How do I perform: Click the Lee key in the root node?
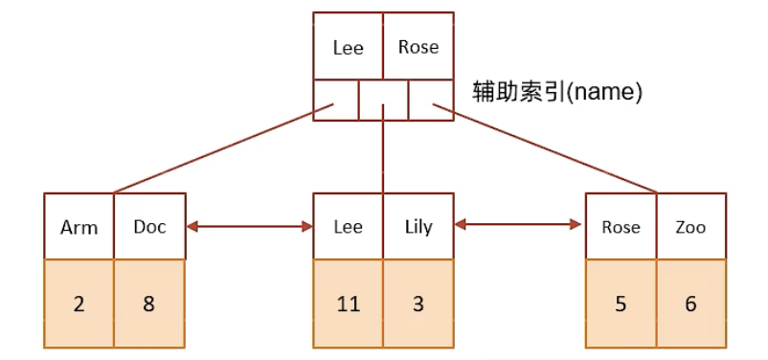349,47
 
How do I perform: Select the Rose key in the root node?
418,47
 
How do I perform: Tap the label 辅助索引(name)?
556,93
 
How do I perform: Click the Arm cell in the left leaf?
79,227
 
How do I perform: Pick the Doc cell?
149,227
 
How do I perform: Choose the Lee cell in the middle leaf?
349,227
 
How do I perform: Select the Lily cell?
418,227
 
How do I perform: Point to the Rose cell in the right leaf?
621,227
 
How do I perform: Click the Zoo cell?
690,227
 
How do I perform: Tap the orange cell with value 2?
79,303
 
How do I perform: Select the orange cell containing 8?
149,303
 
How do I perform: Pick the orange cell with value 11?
349,303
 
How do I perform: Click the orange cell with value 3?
418,303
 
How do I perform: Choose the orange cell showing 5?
621,303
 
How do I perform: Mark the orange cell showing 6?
690,303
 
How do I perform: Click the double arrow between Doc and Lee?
250,227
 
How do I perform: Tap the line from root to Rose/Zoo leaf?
546,148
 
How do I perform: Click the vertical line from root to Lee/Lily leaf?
383,153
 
